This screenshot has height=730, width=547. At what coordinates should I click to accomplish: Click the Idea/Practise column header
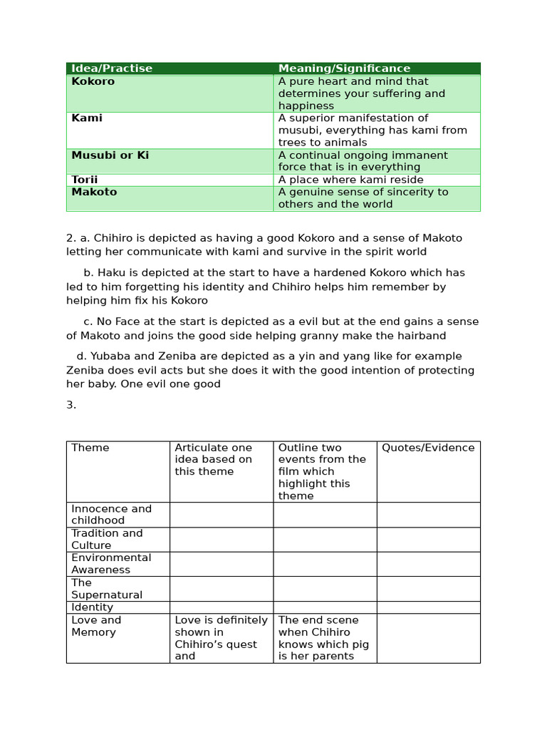point(112,68)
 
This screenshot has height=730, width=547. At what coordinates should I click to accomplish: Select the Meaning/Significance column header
point(344,68)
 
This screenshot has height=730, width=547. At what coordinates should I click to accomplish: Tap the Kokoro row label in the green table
point(93,81)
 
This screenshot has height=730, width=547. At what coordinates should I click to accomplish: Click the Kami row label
point(87,118)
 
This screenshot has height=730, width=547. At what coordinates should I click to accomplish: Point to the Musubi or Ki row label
point(110,155)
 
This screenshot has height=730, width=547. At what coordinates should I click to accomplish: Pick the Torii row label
point(85,180)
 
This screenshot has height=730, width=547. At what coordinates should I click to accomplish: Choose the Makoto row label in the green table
point(94,192)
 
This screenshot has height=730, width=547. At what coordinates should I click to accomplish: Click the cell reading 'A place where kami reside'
point(350,180)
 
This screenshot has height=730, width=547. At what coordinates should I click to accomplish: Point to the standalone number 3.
point(71,405)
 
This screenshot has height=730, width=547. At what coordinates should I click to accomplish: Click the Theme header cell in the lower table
point(90,448)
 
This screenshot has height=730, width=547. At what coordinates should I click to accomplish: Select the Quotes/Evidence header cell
point(428,448)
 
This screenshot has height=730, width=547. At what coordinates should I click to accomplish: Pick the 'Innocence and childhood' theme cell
point(111,514)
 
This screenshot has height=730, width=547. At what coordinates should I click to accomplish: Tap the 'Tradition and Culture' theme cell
point(107,539)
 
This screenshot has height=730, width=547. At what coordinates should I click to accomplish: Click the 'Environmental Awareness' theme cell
point(111,563)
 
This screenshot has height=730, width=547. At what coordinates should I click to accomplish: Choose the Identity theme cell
point(93,607)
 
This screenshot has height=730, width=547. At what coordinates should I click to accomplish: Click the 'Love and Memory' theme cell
point(96,626)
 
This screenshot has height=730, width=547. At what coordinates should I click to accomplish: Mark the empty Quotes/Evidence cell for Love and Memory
point(428,638)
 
